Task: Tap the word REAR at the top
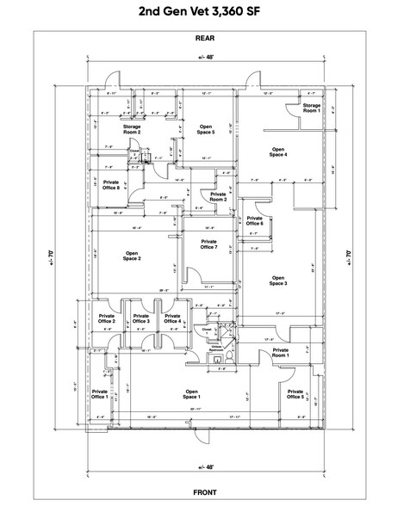click(x=204, y=39)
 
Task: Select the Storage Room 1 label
click(x=311, y=108)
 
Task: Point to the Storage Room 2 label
click(x=132, y=131)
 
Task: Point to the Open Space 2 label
click(x=132, y=256)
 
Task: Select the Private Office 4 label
click(x=172, y=321)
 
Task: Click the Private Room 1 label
click(x=281, y=352)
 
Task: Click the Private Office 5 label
click(x=295, y=394)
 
